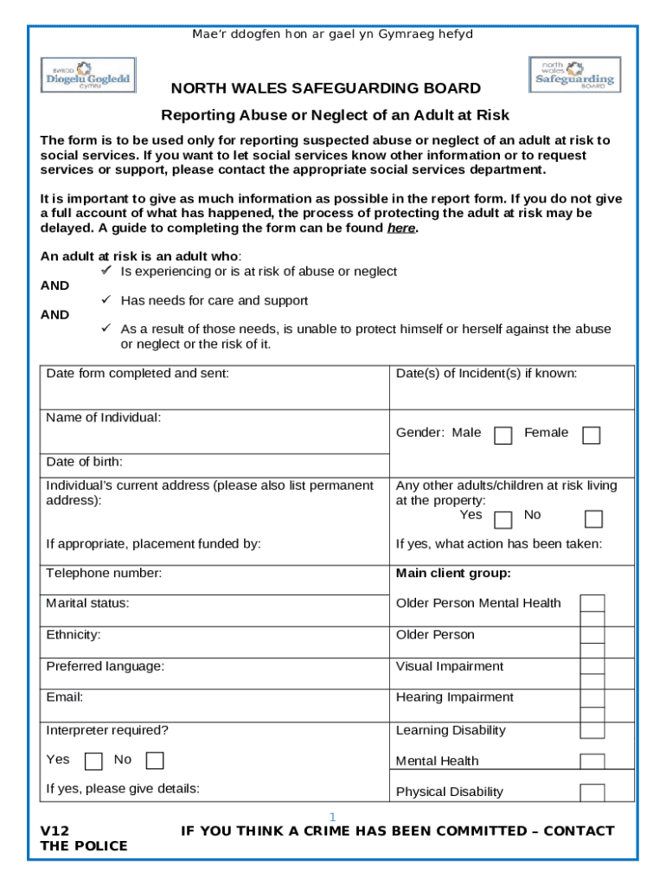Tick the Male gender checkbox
pyautogui.click(x=503, y=435)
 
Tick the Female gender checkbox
pyautogui.click(x=591, y=435)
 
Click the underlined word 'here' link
pyautogui.click(x=400, y=228)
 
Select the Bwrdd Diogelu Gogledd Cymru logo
pyautogui.click(x=86, y=75)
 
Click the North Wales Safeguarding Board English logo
pyautogui.click(x=574, y=75)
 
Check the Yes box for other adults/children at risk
pyautogui.click(x=503, y=519)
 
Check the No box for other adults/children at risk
pyautogui.click(x=593, y=519)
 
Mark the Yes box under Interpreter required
pyautogui.click(x=94, y=761)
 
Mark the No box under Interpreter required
pyautogui.click(x=155, y=761)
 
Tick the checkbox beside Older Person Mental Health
pyautogui.click(x=592, y=604)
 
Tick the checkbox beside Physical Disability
pyautogui.click(x=592, y=793)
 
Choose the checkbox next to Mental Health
pyautogui.click(x=592, y=761)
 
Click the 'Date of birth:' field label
pyautogui.click(x=84, y=462)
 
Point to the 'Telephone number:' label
pyautogui.click(x=104, y=573)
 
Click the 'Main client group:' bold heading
pyautogui.click(x=453, y=573)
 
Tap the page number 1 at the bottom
pyautogui.click(x=332, y=818)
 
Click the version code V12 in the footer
pyautogui.click(x=55, y=831)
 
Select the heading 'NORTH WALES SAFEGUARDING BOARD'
pyautogui.click(x=325, y=89)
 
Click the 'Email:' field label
pyautogui.click(x=65, y=697)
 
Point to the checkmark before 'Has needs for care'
pyautogui.click(x=106, y=300)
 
